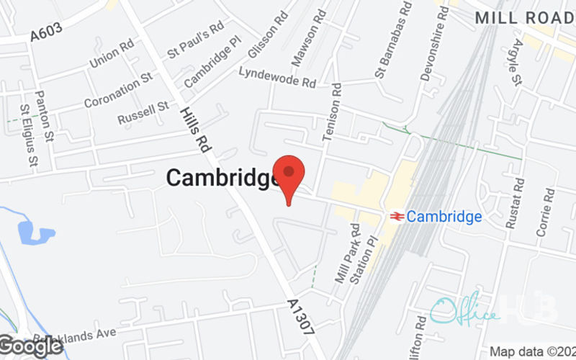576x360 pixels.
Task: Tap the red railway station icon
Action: (395, 216)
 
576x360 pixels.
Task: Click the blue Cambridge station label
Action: (444, 216)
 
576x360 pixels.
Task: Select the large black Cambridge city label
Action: (223, 178)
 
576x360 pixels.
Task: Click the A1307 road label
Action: (300, 318)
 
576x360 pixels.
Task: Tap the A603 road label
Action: (47, 30)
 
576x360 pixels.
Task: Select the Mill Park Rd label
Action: (343, 253)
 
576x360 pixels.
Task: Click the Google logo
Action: (32, 346)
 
